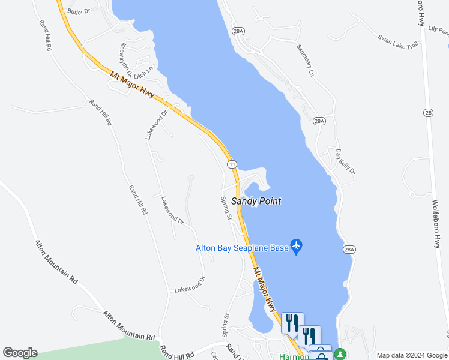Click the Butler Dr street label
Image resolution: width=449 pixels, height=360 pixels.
(x=79, y=11)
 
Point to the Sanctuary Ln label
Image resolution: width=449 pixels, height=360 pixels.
(x=306, y=61)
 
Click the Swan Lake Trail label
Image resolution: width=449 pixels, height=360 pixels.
(x=397, y=42)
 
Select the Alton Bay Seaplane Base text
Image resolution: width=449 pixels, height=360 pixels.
(x=242, y=248)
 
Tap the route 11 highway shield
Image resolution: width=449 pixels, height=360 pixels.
(x=232, y=164)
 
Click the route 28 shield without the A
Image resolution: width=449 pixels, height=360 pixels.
(x=427, y=112)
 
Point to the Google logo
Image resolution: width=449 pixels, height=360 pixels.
(x=20, y=352)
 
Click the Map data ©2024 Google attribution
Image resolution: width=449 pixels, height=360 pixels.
(x=411, y=355)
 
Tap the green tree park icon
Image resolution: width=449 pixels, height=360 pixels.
(x=340, y=354)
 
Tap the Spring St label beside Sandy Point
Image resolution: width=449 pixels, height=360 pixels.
(x=226, y=208)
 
